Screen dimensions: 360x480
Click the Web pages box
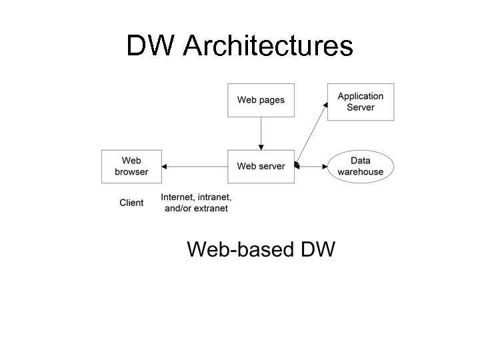(x=261, y=100)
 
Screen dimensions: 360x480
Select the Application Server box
(x=360, y=102)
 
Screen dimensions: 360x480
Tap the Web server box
(x=261, y=166)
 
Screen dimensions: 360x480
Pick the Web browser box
(x=131, y=166)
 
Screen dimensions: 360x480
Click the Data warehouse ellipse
(x=361, y=166)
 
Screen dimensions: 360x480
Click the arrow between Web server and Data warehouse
(x=311, y=166)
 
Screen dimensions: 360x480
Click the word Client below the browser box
(x=131, y=203)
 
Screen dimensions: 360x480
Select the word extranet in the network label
(x=209, y=208)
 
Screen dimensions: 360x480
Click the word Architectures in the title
(x=267, y=46)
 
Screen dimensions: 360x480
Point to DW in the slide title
(x=151, y=46)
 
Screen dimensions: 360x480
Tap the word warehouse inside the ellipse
(x=361, y=171)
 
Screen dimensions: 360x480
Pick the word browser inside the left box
(x=131, y=171)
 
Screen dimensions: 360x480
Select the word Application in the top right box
(x=361, y=97)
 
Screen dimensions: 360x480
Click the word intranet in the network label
(x=214, y=197)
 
